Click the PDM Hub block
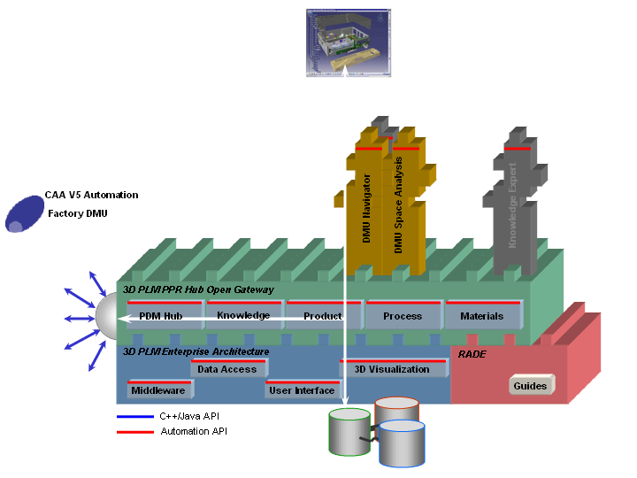click(161, 316)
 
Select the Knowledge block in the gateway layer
click(243, 315)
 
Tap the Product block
click(322, 316)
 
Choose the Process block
click(403, 316)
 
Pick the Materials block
click(482, 316)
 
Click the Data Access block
click(227, 369)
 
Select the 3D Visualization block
click(392, 369)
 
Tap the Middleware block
click(157, 390)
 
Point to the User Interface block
click(302, 390)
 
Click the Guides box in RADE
click(531, 386)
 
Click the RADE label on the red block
click(472, 353)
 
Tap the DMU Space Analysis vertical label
click(398, 205)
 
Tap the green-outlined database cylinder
click(349, 432)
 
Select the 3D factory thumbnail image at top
click(347, 42)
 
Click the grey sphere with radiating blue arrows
click(110, 317)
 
